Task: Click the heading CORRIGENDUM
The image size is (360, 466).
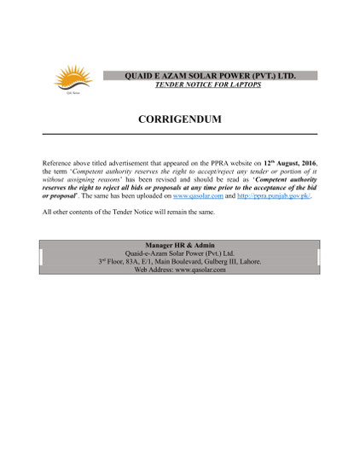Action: pos(179,119)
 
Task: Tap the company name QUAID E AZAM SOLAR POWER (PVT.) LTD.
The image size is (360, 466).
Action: pos(211,76)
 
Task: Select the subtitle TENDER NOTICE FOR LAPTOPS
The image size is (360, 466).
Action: pos(210,86)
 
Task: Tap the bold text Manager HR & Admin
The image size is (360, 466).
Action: pos(179,245)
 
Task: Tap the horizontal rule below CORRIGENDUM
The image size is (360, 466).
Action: pos(179,134)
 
